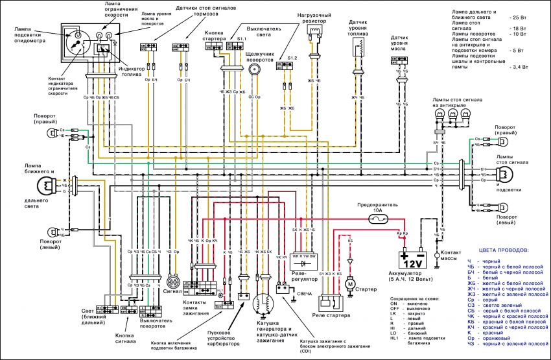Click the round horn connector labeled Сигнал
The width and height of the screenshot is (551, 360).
(x=173, y=283)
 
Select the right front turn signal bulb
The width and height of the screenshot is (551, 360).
(x=51, y=133)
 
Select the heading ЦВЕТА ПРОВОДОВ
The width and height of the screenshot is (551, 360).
(x=503, y=250)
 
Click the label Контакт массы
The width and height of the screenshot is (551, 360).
(x=452, y=255)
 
